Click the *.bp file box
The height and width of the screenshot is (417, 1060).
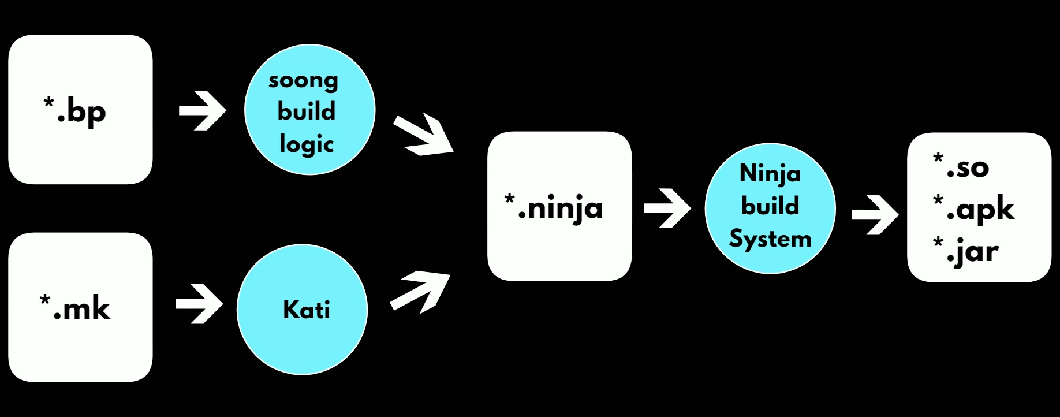coord(80,110)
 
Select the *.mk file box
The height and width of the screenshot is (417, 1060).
coord(80,307)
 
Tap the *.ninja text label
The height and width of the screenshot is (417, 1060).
coord(554,208)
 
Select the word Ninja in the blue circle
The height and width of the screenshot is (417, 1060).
coord(770,174)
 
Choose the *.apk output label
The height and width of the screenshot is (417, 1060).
coord(974,209)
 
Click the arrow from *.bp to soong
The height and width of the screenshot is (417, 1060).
coord(202,110)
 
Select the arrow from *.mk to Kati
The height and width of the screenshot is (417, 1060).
coord(199,304)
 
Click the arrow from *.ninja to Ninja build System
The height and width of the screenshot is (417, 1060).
coord(667,208)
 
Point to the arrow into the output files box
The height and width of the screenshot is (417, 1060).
coord(875,215)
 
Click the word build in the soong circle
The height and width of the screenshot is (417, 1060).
coord(307,111)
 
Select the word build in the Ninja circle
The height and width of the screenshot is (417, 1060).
coord(770,206)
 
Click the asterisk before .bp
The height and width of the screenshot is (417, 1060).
coord(48,103)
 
